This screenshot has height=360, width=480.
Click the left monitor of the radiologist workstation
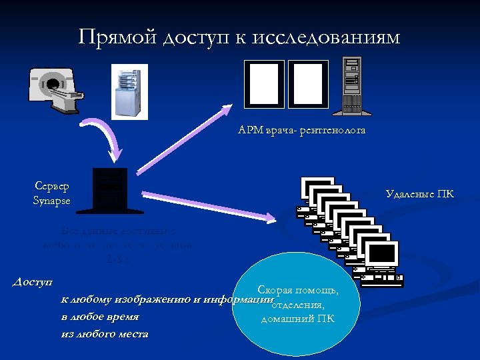pos(264,84)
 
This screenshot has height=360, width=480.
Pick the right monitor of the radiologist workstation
pos(308,84)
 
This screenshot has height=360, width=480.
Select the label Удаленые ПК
pos(420,195)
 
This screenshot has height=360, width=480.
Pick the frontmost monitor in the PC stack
pos(382,255)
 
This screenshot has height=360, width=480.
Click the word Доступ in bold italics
pos(33,283)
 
